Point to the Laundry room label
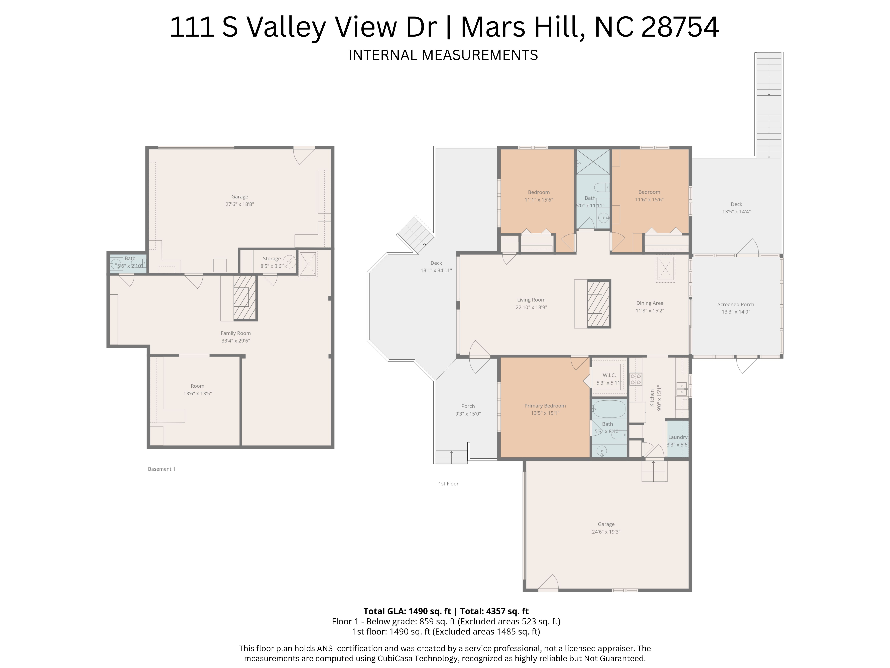coord(678,437)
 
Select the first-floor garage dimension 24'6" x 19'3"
coord(606,532)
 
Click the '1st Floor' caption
coord(448,484)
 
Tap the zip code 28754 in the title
coord(680,27)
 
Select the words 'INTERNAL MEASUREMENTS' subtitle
coord(443,55)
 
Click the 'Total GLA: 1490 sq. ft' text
coord(407,611)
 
